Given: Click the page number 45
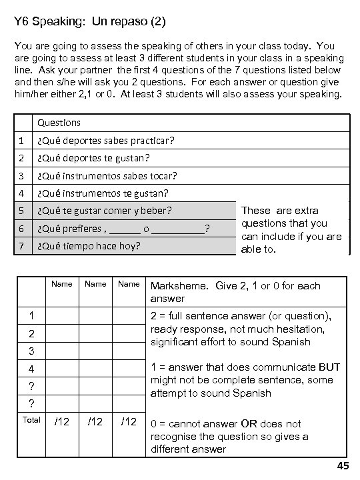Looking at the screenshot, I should point(343,466).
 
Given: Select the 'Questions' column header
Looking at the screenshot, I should point(59,123).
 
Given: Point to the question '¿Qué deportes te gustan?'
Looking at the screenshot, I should point(93,158).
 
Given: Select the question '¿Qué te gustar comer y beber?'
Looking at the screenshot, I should point(105,211).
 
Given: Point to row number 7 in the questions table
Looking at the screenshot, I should point(21,246).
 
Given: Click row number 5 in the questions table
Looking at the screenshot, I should point(21,211).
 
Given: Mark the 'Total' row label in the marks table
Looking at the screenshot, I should point(31,420).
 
